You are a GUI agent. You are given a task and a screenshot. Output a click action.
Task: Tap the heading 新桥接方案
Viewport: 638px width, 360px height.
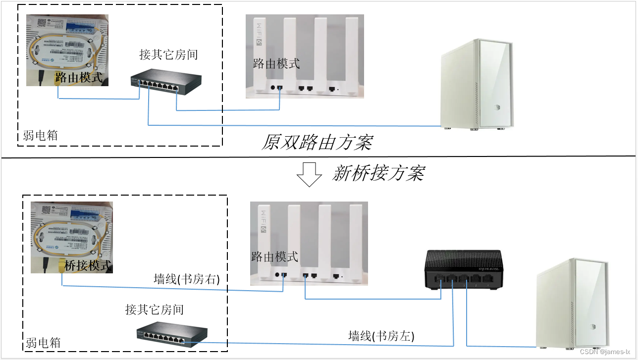tap(378, 173)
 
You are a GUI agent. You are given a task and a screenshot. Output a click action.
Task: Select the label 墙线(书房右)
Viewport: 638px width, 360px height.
tap(187, 279)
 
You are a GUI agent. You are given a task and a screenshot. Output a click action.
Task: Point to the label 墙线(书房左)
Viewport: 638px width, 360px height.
tap(381, 336)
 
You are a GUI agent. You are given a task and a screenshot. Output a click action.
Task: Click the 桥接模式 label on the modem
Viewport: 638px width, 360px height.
tap(88, 265)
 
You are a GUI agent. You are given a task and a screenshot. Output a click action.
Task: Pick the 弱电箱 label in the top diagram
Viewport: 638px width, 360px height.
tap(40, 136)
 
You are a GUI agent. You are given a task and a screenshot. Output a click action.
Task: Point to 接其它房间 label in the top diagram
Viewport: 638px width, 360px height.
tap(168, 54)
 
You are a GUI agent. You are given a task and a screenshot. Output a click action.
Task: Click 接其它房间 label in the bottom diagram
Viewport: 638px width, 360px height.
tap(155, 310)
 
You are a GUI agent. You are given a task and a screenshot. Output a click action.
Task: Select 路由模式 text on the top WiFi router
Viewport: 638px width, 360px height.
tap(276, 63)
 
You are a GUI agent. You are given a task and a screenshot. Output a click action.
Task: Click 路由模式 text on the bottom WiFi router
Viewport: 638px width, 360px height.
tap(275, 257)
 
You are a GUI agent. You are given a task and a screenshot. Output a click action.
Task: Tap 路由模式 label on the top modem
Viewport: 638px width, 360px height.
tap(79, 77)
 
